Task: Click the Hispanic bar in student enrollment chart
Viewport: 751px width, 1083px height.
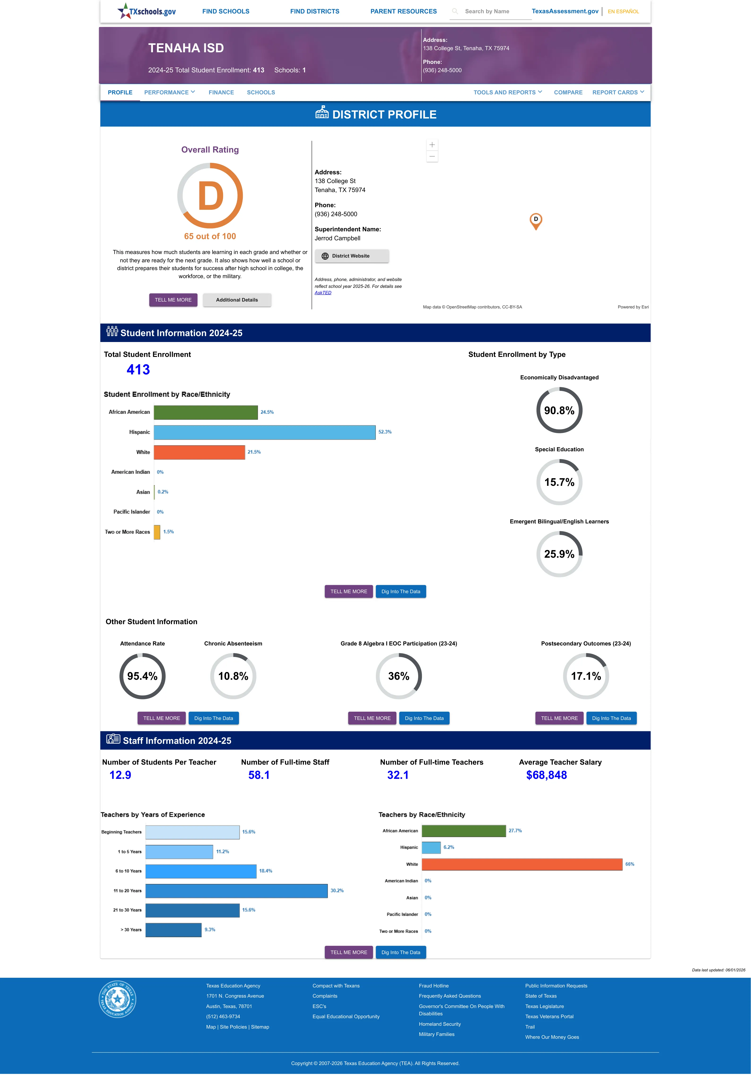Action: [265, 432]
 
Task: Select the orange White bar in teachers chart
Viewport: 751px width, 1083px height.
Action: [522, 864]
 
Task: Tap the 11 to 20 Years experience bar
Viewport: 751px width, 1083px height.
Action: [236, 890]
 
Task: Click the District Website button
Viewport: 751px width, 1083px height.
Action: [352, 256]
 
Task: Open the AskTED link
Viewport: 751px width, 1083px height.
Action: [323, 293]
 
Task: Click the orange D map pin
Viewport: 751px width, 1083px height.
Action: [535, 221]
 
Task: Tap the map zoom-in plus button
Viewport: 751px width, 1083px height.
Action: [432, 145]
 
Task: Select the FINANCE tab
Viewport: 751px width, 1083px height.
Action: [221, 92]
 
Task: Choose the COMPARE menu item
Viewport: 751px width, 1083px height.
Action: [568, 92]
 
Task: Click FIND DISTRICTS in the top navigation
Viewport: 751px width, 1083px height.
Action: [314, 11]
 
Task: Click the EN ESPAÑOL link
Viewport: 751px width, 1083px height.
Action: [623, 11]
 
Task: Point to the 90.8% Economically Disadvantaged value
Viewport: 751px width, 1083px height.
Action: [559, 410]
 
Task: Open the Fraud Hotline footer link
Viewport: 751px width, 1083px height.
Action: [433, 986]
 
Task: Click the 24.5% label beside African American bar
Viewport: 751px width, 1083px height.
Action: [267, 412]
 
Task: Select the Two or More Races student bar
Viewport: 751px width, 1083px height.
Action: [157, 532]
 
